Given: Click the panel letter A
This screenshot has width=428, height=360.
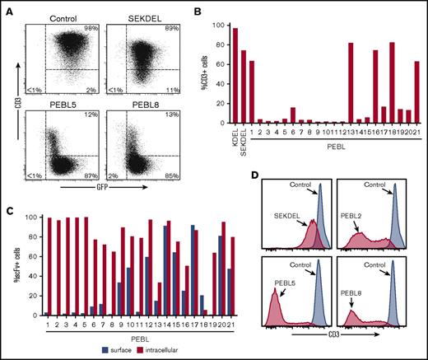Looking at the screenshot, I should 7,7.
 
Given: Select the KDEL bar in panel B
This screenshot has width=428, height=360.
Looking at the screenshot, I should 235,76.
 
